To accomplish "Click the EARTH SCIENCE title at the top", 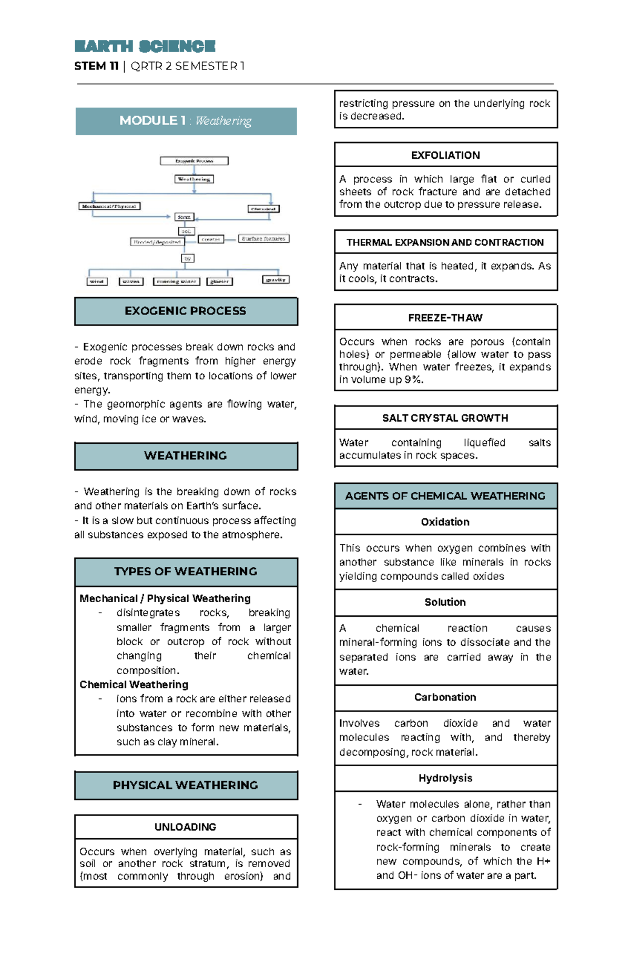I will tap(145, 46).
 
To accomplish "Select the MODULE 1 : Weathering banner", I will tap(186, 121).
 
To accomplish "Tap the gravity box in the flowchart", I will tap(276, 280).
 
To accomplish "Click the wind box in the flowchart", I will tap(97, 281).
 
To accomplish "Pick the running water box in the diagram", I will tap(177, 281).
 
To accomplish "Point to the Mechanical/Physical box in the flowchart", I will tap(109, 206).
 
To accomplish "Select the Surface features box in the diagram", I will tap(263, 238).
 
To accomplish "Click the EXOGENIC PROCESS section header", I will tap(186, 311).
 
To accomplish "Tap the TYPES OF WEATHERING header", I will tap(186, 572).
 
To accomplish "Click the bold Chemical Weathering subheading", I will tap(134, 685).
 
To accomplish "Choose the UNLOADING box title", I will tap(186, 827).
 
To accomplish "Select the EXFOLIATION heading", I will tap(445, 155).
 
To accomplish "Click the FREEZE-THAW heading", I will tap(445, 318).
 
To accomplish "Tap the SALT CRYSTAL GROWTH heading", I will tap(445, 418).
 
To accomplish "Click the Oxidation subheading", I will tap(445, 522).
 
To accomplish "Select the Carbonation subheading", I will tap(445, 697).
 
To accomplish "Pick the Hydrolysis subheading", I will tap(445, 778).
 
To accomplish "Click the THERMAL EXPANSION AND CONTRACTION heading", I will tap(445, 242).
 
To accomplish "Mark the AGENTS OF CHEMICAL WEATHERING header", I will tap(445, 496).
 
